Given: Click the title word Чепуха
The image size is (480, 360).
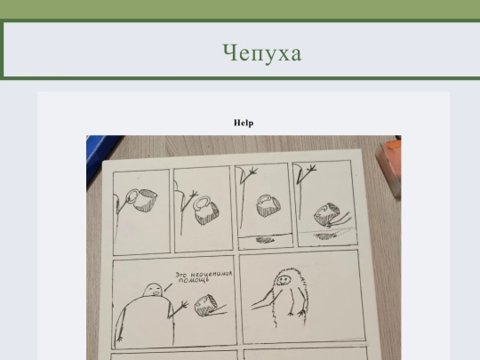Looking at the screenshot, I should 262,53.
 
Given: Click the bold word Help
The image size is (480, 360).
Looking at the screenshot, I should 244,123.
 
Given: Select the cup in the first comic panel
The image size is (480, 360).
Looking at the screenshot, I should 142,199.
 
